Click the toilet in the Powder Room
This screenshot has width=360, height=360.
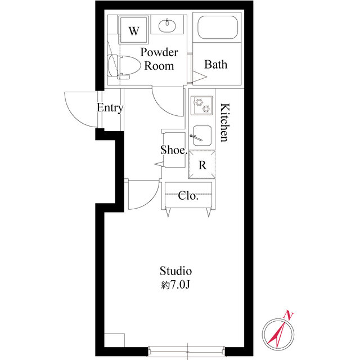pos(124,66)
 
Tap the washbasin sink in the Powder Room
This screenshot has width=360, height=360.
pos(168,25)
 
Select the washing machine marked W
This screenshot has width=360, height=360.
pos(134,30)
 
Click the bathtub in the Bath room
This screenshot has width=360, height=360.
pos(218,27)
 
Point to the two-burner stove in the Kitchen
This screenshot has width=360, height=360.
pos(201,105)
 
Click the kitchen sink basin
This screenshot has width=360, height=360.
pos(202,136)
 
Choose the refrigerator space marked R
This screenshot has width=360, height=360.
pos(202,164)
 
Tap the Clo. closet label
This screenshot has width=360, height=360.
pos(188,196)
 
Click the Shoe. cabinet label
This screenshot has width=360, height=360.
pos(174,150)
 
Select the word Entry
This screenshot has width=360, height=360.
pos(110,107)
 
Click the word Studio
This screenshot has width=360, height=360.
pos(175,271)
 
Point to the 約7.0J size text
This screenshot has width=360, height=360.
pos(175,285)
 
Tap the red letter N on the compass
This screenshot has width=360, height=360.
pos(289,315)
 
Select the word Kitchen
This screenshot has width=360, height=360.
pos(225,123)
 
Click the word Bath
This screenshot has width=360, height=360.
pos(216,64)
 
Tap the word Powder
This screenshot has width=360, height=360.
pos(159,52)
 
